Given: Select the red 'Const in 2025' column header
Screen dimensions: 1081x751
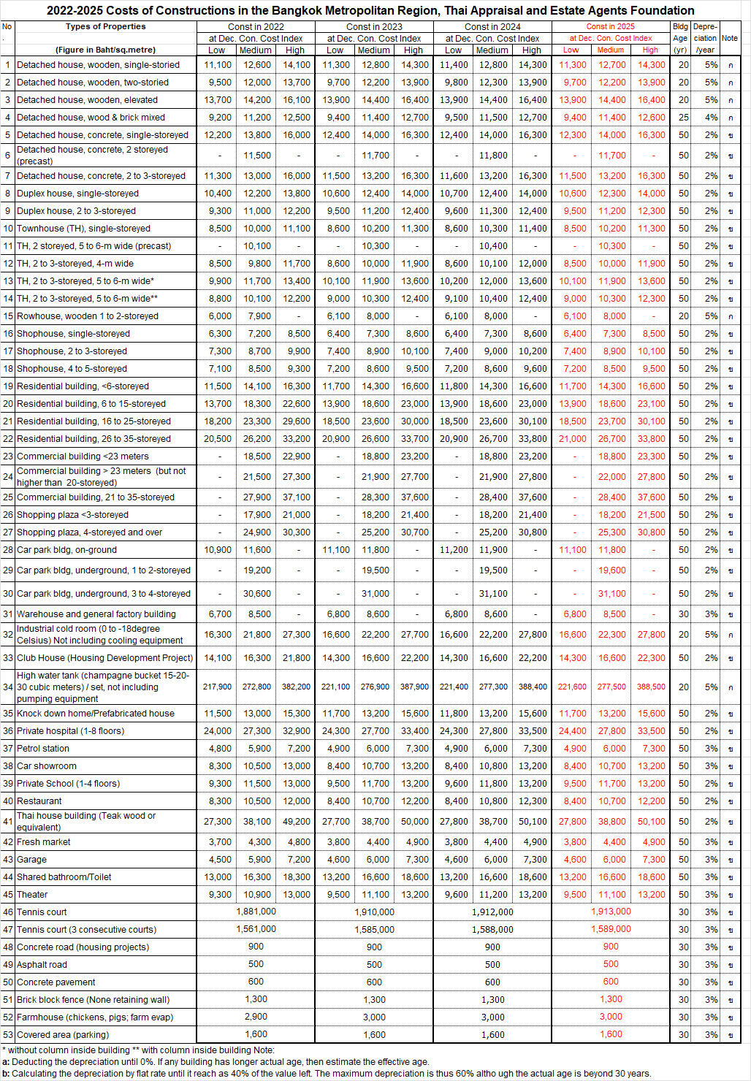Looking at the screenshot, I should pyautogui.click(x=611, y=26).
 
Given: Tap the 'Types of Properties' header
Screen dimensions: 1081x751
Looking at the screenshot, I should pyautogui.click(x=106, y=26).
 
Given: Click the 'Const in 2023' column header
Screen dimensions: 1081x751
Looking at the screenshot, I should pyautogui.click(x=374, y=27).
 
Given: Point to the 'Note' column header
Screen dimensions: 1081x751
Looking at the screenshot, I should pyautogui.click(x=729, y=38).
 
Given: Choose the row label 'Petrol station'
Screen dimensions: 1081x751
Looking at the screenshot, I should pyautogui.click(x=43, y=749).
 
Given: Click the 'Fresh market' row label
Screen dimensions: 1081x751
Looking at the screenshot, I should pyautogui.click(x=44, y=842).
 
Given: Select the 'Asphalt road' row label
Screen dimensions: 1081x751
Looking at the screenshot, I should pyautogui.click(x=42, y=965).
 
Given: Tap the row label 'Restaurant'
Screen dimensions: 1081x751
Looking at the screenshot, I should pyautogui.click(x=39, y=801).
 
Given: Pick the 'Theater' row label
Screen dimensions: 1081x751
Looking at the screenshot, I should pyautogui.click(x=32, y=895).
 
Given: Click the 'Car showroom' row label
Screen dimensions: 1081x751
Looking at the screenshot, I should pyautogui.click(x=47, y=766).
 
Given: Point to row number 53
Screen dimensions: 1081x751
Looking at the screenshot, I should pyautogui.click(x=8, y=1035).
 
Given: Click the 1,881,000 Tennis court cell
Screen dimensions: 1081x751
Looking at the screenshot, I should pyautogui.click(x=256, y=912).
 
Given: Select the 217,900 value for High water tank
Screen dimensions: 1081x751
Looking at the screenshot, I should pyautogui.click(x=217, y=687).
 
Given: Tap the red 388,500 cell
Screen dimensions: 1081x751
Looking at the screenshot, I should pyautogui.click(x=650, y=687).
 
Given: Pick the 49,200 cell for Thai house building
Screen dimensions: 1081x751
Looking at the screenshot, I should pyautogui.click(x=296, y=822).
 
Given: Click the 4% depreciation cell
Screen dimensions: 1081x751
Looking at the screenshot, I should pyautogui.click(x=711, y=118).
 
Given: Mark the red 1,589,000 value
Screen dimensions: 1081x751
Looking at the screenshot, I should pyautogui.click(x=611, y=929).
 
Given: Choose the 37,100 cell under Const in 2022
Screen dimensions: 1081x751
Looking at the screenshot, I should pyautogui.click(x=296, y=497).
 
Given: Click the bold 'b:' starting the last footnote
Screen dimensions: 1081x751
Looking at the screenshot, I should pyautogui.click(x=6, y=1074).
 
